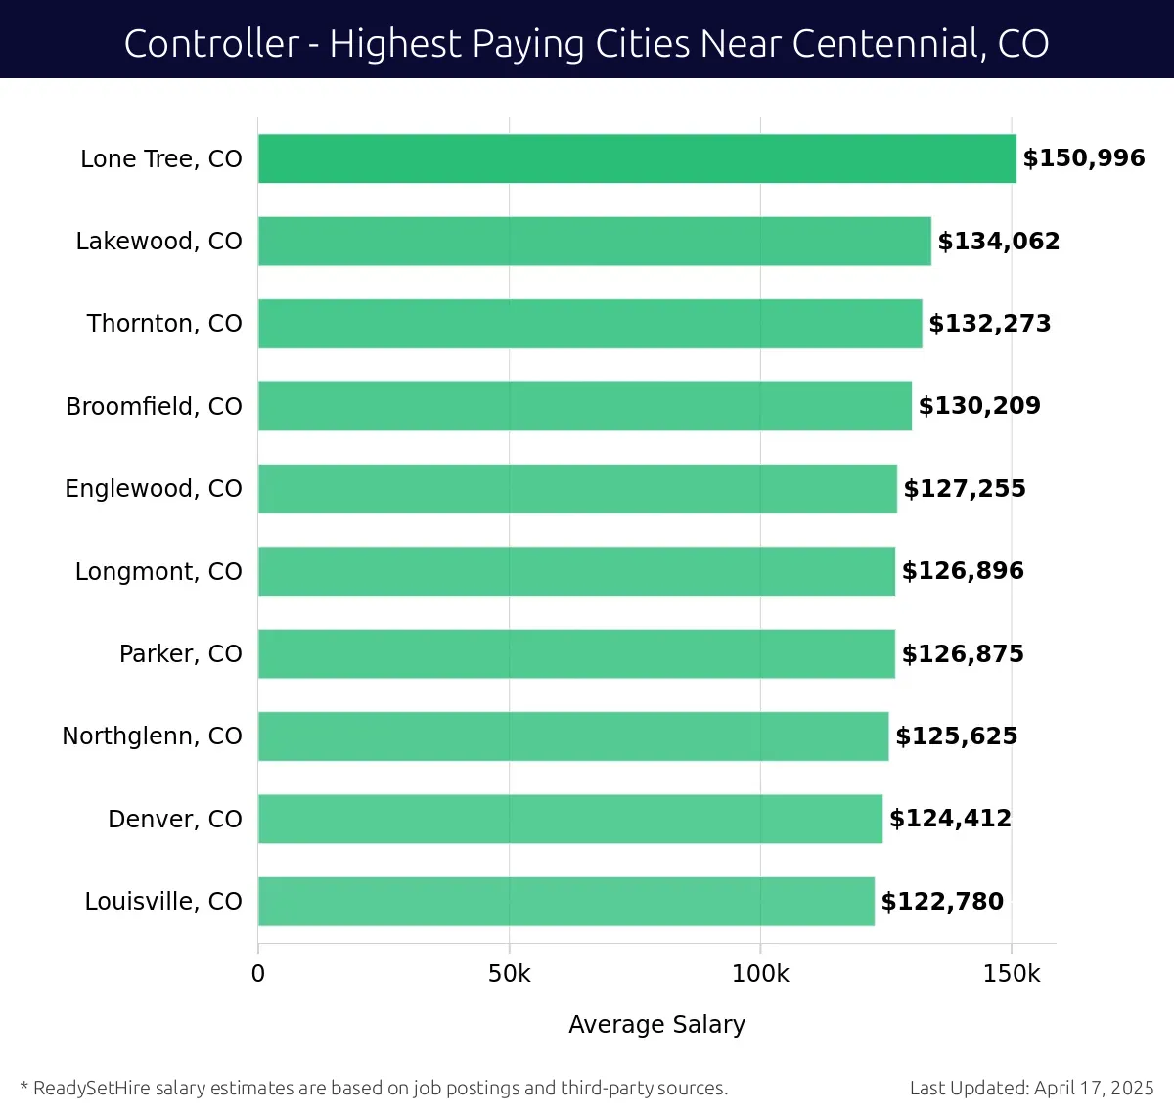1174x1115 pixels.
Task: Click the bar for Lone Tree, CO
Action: point(637,158)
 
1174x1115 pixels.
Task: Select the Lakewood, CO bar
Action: point(595,241)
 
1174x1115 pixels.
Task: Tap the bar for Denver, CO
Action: point(570,819)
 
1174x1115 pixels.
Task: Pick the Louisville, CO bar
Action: point(566,901)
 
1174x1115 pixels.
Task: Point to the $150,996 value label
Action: point(1084,158)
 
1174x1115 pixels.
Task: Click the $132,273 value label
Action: point(989,324)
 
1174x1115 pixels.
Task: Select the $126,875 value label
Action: point(963,653)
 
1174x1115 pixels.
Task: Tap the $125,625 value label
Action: point(957,736)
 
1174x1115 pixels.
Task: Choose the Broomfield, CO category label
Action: point(154,406)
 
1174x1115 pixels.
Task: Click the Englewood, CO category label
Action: point(154,488)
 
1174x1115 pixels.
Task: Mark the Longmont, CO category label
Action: point(158,571)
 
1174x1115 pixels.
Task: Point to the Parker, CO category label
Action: point(180,653)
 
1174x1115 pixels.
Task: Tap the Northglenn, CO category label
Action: point(152,736)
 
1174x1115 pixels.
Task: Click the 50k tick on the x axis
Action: point(509,974)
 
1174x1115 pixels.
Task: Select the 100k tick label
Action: point(760,974)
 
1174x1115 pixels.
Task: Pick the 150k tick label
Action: point(1012,974)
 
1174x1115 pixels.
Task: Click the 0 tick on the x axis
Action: point(258,974)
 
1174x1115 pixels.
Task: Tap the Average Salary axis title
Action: point(656,1024)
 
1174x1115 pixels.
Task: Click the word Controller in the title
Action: point(211,44)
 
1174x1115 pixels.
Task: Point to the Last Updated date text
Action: point(1031,1088)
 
